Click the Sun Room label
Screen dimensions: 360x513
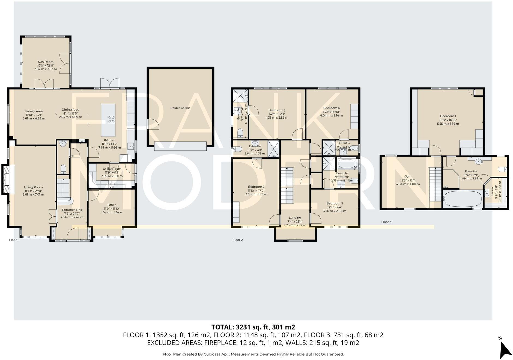coord(46,62)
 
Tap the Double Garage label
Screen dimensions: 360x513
coord(180,108)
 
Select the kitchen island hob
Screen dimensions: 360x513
coord(111,119)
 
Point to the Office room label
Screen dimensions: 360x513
coord(112,205)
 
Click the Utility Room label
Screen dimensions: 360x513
coord(112,169)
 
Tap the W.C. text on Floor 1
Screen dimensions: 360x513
coord(71,156)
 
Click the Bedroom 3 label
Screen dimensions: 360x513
coord(277,110)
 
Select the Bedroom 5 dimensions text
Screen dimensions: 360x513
coord(335,211)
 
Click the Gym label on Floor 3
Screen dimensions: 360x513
coord(408,176)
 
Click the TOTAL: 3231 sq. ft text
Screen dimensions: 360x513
coord(253,327)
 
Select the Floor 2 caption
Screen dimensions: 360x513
coord(237,240)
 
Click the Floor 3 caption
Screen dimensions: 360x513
coord(386,222)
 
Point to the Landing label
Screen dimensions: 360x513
coord(295,218)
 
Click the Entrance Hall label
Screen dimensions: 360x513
coord(72,210)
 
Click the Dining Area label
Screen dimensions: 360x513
coord(70,110)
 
